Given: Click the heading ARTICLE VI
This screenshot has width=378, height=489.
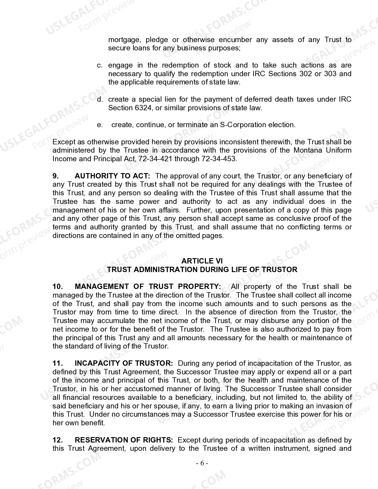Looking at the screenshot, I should pos(202,261).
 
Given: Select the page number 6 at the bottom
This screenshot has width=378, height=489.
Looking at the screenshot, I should pos(202,463).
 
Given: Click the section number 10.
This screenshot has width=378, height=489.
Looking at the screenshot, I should pos(58,287).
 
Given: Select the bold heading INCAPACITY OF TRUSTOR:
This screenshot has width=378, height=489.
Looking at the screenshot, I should pos(124,363).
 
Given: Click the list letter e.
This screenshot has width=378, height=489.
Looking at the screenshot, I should pos(100,125).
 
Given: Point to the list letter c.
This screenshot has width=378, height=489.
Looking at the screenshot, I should pos(100,65).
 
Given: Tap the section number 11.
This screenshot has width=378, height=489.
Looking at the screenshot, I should pos(58,363).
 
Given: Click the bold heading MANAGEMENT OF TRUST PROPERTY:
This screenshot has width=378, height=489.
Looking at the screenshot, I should pos(148,287).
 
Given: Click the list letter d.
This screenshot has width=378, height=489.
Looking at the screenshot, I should pos(100,99).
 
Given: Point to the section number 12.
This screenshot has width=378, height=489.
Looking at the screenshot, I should pos(58,440).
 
